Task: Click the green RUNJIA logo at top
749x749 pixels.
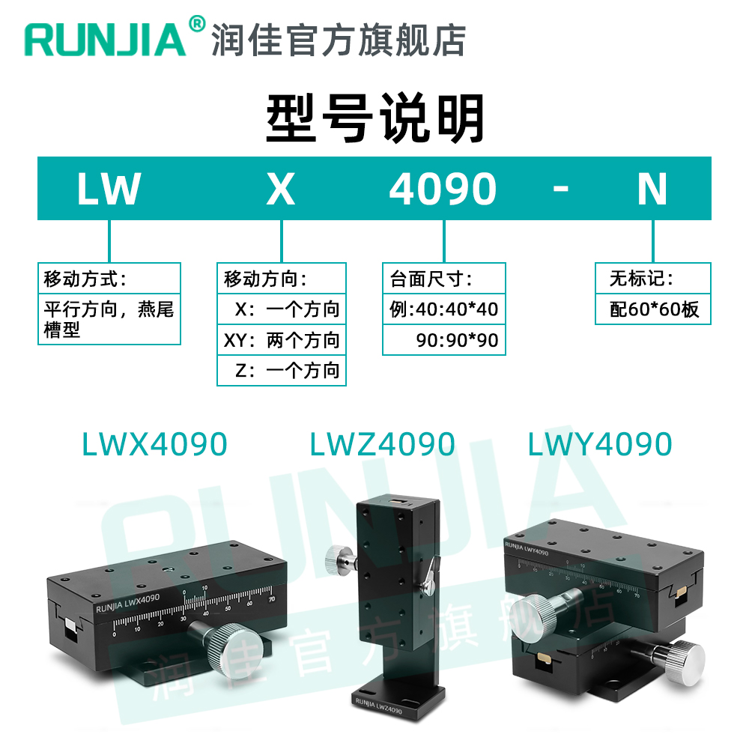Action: (105, 39)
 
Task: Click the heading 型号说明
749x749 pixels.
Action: (375, 118)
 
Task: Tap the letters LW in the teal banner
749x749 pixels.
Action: (109, 189)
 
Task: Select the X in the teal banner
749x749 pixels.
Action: (281, 189)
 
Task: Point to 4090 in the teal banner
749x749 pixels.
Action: (443, 189)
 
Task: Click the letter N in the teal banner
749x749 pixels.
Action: (652, 189)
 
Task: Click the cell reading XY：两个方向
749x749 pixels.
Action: (282, 341)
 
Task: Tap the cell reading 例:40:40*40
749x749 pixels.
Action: (444, 309)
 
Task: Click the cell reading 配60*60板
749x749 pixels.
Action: (654, 309)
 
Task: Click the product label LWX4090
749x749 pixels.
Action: (154, 445)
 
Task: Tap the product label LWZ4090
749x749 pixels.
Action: (382, 445)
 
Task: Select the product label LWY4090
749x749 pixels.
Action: (600, 445)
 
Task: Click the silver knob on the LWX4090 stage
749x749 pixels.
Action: (238, 647)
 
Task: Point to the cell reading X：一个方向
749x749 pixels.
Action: (288, 309)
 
